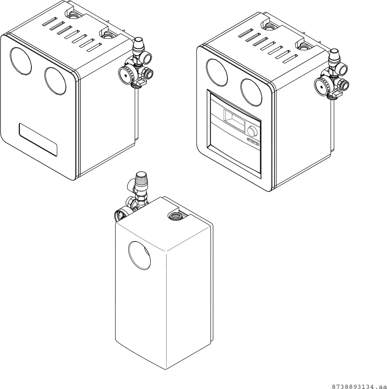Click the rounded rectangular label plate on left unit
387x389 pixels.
(x=38, y=140)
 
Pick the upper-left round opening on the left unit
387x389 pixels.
(x=21, y=61)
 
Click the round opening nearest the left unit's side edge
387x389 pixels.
(x=56, y=81)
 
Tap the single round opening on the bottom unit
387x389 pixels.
(x=140, y=255)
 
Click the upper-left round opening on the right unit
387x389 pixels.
(x=217, y=73)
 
